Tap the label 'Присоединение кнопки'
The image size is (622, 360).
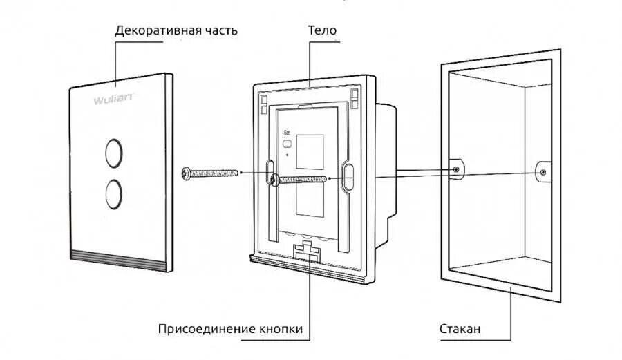pyautogui.click(x=230, y=329)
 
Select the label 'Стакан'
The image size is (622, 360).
pyautogui.click(x=460, y=329)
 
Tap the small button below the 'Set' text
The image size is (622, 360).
pyautogui.click(x=288, y=145)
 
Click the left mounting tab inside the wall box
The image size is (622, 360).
pyautogui.click(x=457, y=169)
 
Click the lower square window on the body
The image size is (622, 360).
pyautogui.click(x=308, y=211)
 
